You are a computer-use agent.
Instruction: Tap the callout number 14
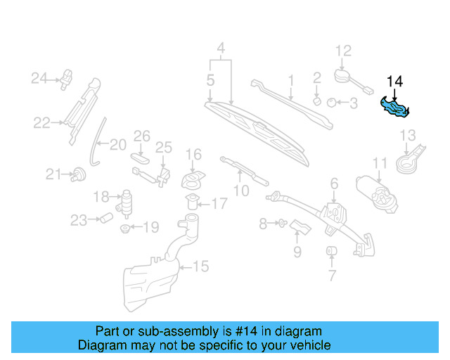395,82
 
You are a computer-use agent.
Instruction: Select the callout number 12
342,51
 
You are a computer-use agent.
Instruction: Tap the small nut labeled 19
125,228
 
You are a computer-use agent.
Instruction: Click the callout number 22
41,123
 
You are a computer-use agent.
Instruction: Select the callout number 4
221,49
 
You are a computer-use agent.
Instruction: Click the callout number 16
193,154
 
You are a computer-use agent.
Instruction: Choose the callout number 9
297,251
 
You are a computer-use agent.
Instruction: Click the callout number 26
142,135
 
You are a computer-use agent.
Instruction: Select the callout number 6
334,184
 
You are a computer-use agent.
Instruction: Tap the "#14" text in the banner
236,331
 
